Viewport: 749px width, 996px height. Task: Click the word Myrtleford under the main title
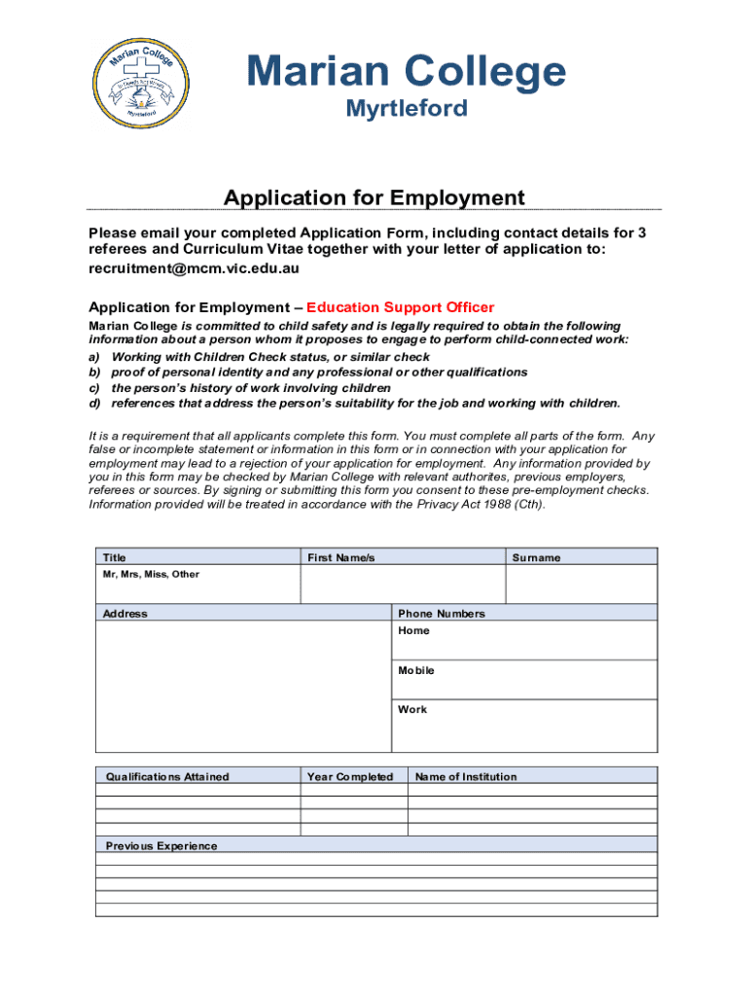coord(407,108)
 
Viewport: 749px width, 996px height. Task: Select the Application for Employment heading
coord(374,198)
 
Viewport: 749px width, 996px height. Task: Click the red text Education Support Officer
coord(400,307)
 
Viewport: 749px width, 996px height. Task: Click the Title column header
coord(115,557)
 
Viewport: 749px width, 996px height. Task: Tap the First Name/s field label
coord(340,557)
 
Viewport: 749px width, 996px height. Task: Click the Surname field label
coord(536,557)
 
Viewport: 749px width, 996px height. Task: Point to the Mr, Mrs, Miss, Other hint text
coord(151,574)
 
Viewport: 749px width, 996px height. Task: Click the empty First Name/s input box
coord(402,585)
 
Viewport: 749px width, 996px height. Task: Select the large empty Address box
coord(243,686)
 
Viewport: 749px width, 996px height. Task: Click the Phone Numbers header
coord(441,614)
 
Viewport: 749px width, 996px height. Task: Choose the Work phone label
coord(412,709)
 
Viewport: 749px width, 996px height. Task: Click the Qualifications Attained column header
coord(167,776)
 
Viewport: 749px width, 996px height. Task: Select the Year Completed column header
coord(349,776)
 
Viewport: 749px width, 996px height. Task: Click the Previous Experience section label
coord(161,845)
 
